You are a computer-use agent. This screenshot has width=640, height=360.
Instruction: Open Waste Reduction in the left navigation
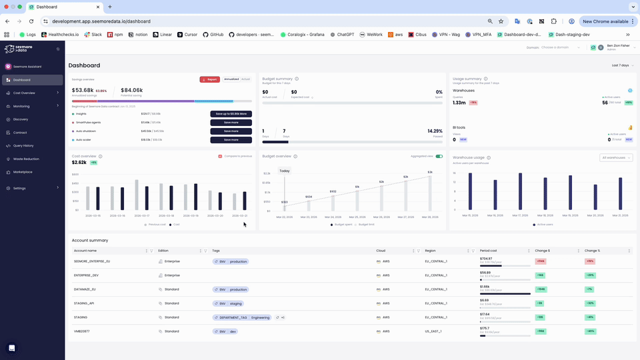point(26,159)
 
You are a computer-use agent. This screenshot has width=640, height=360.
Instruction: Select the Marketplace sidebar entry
point(23,172)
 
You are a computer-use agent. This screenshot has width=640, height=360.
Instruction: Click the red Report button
point(210,79)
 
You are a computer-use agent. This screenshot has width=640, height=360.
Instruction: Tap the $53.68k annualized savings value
point(83,90)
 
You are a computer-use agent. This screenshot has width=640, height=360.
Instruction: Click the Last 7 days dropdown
point(621,65)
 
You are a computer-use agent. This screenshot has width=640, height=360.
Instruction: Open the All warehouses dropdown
point(616,158)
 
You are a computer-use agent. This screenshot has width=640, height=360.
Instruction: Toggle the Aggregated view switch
point(439,156)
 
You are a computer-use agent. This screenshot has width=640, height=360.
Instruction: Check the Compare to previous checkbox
point(220,156)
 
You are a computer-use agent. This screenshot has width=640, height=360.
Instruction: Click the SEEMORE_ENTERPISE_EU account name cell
point(92,261)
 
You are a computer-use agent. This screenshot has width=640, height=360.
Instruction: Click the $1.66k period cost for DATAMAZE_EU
point(485,287)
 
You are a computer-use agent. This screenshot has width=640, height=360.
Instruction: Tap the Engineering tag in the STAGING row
point(261,317)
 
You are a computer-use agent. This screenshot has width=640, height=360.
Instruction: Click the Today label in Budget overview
point(285,171)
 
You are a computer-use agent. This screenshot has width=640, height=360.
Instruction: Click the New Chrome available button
point(607,21)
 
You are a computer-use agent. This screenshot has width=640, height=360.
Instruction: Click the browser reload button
point(31,21)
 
